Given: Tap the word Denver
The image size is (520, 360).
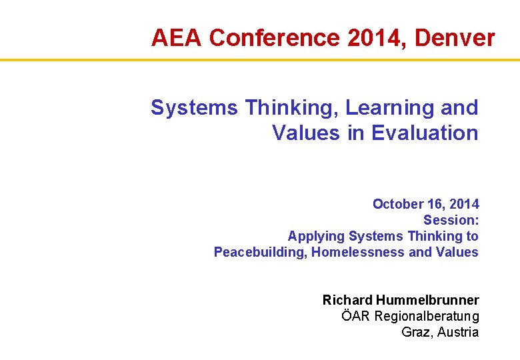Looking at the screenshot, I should click(455, 38).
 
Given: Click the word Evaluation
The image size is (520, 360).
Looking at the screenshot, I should click(425, 133).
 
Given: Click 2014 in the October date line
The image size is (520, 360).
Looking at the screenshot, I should click(465, 204).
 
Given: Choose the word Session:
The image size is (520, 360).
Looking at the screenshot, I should click(451, 220).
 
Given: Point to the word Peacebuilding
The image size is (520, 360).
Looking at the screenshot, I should click(259, 252).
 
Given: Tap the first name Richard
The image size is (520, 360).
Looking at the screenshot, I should click(347, 300).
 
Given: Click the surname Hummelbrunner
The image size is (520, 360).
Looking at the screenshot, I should click(427, 300).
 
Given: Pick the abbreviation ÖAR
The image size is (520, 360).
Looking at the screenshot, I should click(356, 316).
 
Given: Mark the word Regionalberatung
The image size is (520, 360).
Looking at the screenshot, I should click(427, 316).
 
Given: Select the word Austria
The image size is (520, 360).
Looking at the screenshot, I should click(459, 332).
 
